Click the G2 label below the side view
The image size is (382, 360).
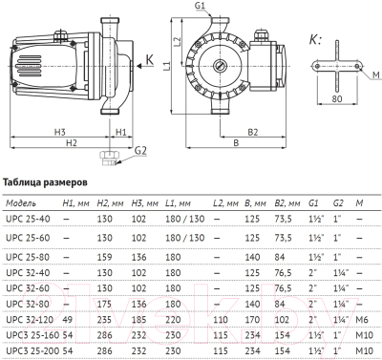pyautogui.click(x=141, y=151)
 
